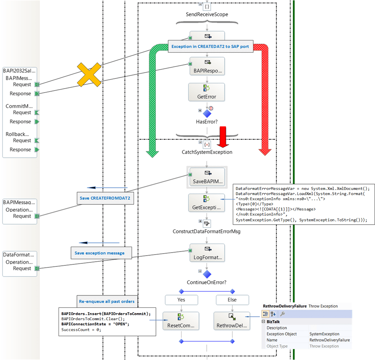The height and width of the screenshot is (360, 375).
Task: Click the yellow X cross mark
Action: point(89,74)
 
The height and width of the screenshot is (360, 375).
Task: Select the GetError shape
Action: point(207,92)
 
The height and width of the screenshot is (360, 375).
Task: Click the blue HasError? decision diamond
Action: point(207,113)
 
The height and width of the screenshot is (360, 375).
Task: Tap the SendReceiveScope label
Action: point(207,15)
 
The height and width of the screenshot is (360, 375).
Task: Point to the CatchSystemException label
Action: point(207,152)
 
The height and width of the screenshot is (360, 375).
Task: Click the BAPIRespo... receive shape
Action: point(207,66)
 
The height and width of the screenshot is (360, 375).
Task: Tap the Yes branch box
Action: point(181,300)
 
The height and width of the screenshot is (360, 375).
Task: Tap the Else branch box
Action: point(232,300)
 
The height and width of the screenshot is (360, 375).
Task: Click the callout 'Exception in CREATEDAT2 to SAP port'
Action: point(211,47)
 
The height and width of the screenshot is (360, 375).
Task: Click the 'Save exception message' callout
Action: point(101,253)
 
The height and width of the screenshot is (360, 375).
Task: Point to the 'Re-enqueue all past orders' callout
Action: point(106,301)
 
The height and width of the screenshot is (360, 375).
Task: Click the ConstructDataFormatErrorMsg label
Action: point(206,231)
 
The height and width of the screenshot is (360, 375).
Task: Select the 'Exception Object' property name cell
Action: point(282,334)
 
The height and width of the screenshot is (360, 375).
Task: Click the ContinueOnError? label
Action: point(207,282)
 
